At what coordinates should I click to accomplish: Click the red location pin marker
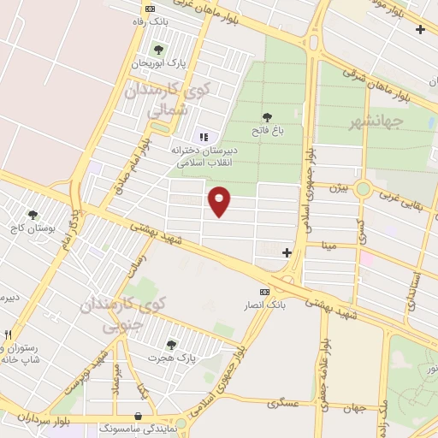(220, 201)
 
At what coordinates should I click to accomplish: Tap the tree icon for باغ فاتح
(267, 117)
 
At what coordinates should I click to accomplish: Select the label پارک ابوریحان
(157, 63)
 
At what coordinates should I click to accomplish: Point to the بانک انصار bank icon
(263, 292)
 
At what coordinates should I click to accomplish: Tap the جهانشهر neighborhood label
(376, 122)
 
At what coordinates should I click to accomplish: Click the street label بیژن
(340, 186)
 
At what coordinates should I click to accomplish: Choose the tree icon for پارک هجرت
(172, 345)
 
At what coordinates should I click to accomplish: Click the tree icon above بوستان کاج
(33, 216)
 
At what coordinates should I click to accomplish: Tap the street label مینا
(329, 246)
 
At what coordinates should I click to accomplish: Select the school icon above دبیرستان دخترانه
(204, 137)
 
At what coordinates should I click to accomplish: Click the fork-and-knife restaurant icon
(8, 334)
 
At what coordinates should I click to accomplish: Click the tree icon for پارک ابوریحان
(157, 48)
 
